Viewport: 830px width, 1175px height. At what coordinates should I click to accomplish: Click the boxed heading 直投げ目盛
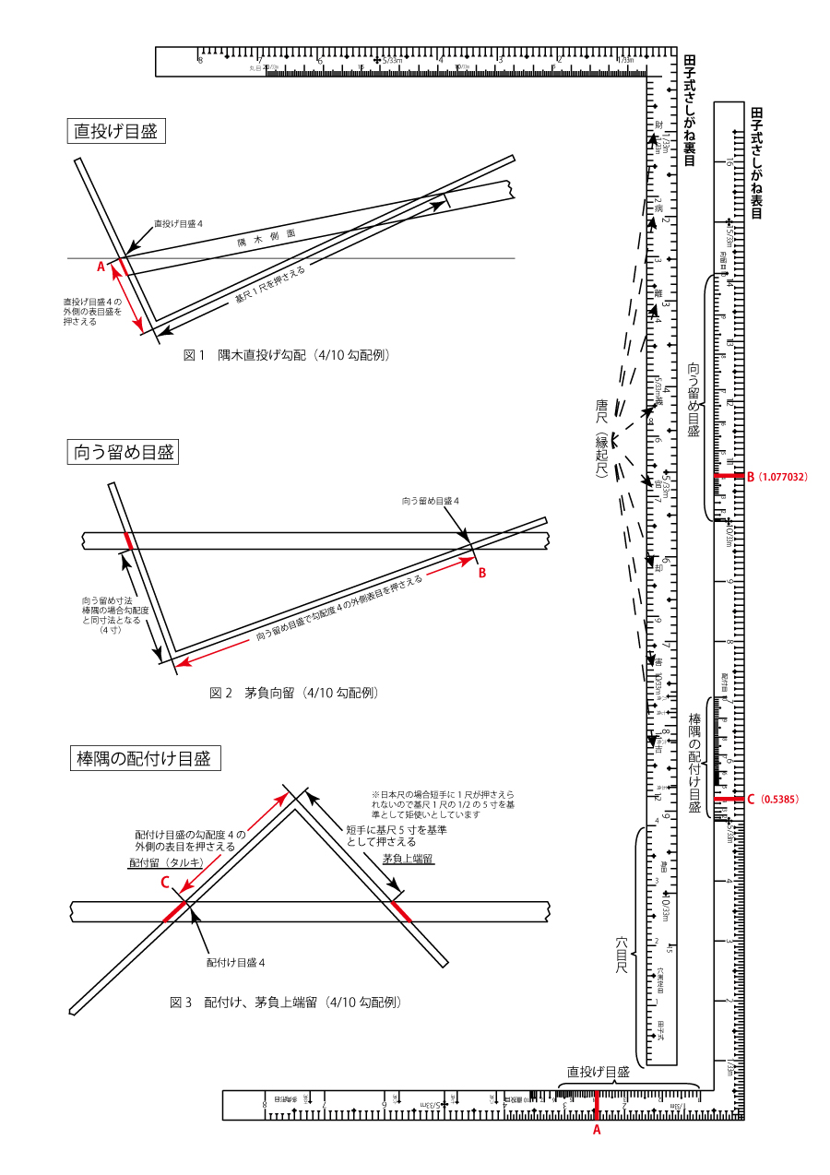click(115, 131)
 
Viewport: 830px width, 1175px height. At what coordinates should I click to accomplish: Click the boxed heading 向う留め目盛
click(124, 452)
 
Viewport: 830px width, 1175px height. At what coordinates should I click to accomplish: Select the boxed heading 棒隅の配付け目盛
click(146, 759)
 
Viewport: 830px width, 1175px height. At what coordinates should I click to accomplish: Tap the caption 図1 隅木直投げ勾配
click(286, 354)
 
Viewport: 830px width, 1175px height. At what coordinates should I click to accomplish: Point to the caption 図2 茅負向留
click(293, 692)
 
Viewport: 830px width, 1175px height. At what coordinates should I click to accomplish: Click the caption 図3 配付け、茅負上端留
click(286, 1001)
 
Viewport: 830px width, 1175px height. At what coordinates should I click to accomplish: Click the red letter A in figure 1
click(101, 266)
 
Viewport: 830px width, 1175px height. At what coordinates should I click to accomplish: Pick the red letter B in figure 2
click(480, 573)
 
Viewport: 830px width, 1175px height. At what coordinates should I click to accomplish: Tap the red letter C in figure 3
click(165, 882)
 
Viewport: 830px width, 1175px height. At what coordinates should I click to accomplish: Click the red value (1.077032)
click(783, 477)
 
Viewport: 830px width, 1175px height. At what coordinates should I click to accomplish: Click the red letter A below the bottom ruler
click(596, 1129)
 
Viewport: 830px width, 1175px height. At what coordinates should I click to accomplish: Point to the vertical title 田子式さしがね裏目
click(689, 111)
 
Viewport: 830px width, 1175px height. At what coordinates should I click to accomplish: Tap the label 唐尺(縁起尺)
click(602, 437)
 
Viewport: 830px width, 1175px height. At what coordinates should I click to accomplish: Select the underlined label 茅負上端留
click(408, 859)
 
